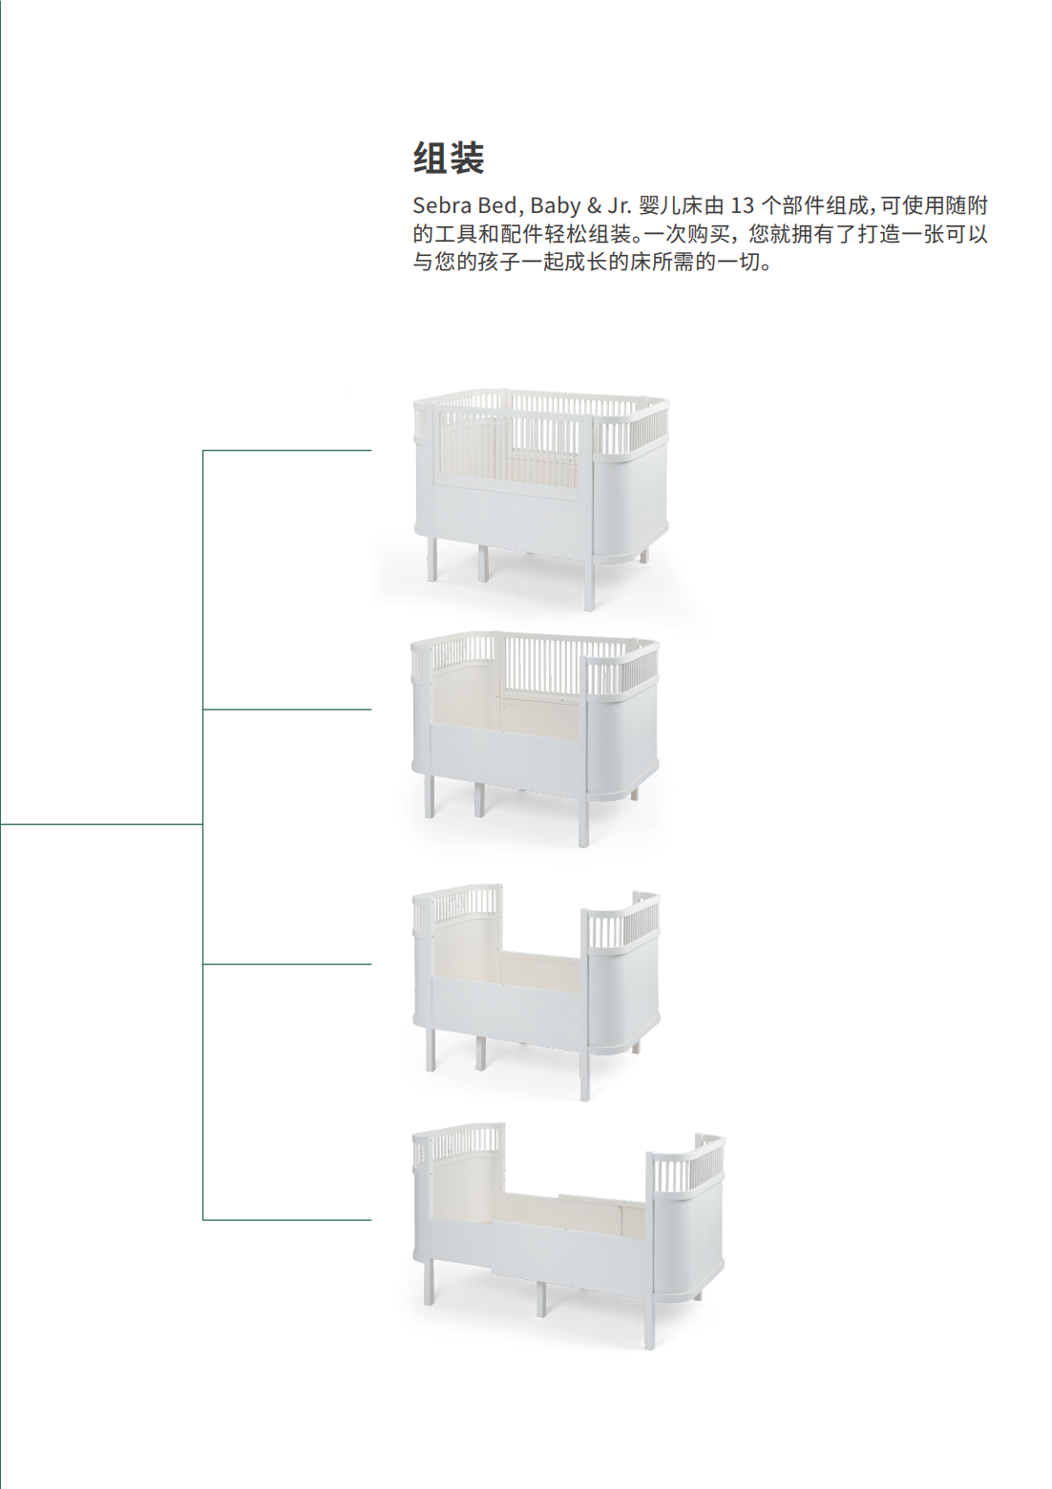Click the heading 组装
(449, 159)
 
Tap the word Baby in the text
(555, 205)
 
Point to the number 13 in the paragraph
(742, 205)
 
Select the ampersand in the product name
(594, 205)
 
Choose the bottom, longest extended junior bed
(568, 1232)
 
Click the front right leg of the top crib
(589, 585)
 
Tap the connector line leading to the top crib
(286, 450)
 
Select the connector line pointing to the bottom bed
(286, 1220)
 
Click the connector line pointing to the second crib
(286, 710)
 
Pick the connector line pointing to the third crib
(286, 965)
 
